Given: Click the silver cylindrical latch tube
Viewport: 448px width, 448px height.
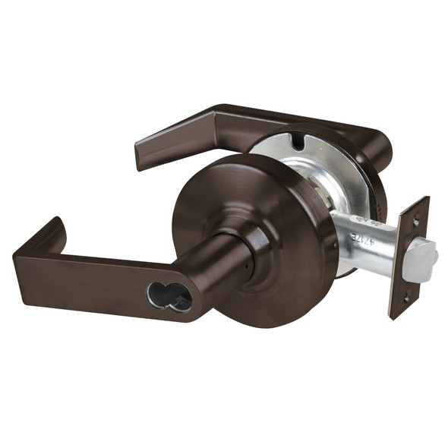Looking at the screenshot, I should coord(372,239).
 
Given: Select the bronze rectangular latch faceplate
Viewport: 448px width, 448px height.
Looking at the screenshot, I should coord(409,258).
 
